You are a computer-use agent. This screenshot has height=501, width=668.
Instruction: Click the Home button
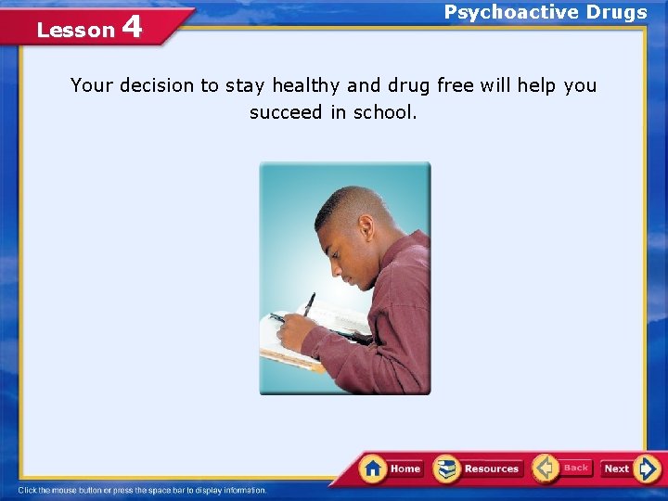click(392, 469)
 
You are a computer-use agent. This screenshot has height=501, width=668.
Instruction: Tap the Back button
click(562, 468)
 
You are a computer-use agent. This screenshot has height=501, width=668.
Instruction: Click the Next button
click(630, 469)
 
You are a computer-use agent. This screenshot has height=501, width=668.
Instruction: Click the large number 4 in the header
click(132, 26)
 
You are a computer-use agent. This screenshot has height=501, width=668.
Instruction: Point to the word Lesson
click(75, 30)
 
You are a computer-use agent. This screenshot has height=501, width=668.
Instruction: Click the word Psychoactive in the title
click(502, 12)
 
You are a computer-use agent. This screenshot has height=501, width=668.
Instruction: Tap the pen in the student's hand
click(308, 303)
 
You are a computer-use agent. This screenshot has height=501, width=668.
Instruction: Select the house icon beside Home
click(374, 468)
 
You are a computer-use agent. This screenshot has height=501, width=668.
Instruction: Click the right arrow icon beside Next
click(649, 469)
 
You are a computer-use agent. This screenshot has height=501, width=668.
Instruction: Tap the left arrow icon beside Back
click(545, 468)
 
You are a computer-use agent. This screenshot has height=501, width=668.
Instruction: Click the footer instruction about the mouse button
click(142, 490)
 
